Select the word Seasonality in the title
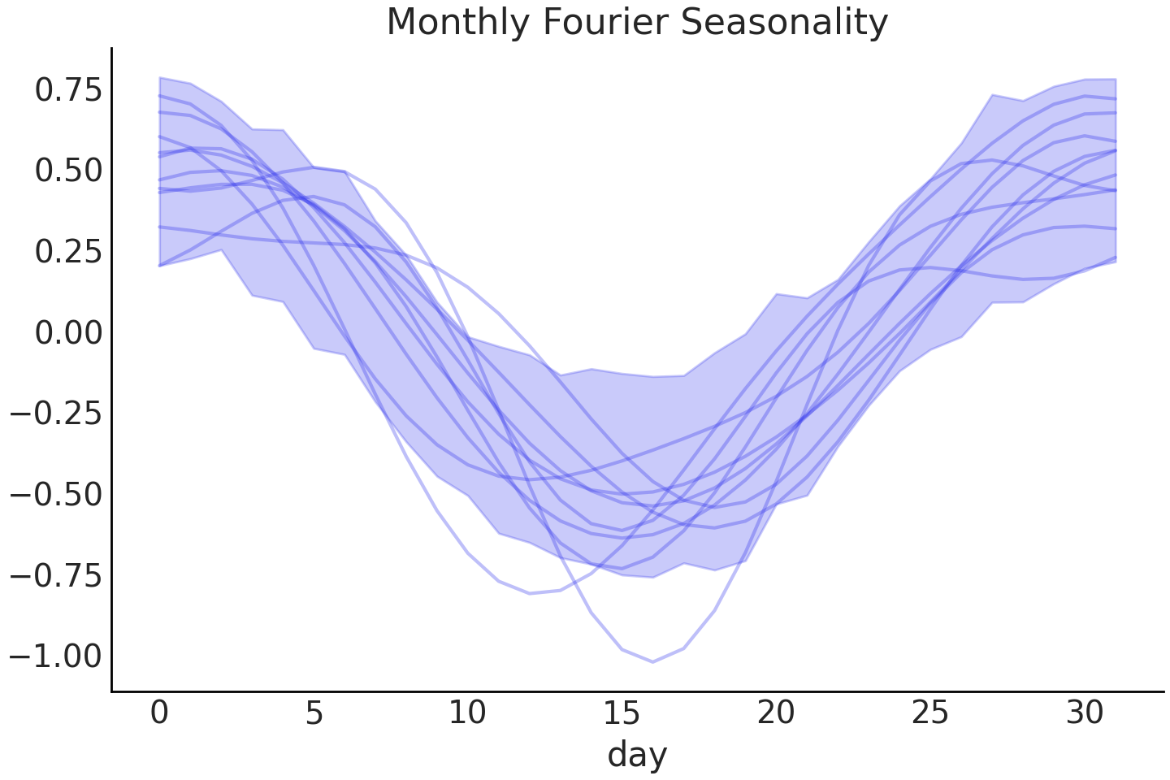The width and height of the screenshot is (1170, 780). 784,22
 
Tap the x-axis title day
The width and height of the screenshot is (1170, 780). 637,754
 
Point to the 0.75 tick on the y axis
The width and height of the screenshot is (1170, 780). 69,90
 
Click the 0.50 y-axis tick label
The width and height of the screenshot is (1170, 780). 69,171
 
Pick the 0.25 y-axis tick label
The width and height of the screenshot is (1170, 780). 69,252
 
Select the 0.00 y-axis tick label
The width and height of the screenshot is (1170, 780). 69,332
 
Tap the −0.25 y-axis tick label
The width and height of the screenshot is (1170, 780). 57,413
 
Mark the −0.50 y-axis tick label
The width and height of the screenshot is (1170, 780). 57,494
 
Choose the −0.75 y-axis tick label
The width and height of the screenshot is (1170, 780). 57,574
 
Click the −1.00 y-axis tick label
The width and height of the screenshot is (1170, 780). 57,655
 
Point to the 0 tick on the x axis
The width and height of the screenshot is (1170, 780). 159,713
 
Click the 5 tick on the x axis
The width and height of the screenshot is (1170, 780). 314,713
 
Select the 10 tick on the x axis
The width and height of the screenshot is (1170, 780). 467,713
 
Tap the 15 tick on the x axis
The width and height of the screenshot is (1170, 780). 622,713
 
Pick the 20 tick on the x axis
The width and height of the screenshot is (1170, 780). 776,713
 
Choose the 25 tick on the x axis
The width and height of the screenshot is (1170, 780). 930,713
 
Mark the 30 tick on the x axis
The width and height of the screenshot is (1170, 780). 1085,713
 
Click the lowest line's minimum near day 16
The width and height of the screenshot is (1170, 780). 652,661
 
